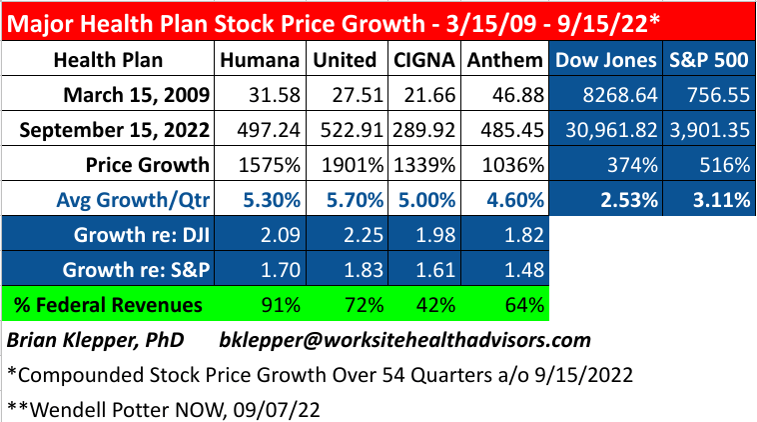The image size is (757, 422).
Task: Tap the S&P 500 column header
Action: click(707, 61)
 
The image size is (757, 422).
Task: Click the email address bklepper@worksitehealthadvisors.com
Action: click(404, 340)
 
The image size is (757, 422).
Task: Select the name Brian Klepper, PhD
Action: click(97, 340)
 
